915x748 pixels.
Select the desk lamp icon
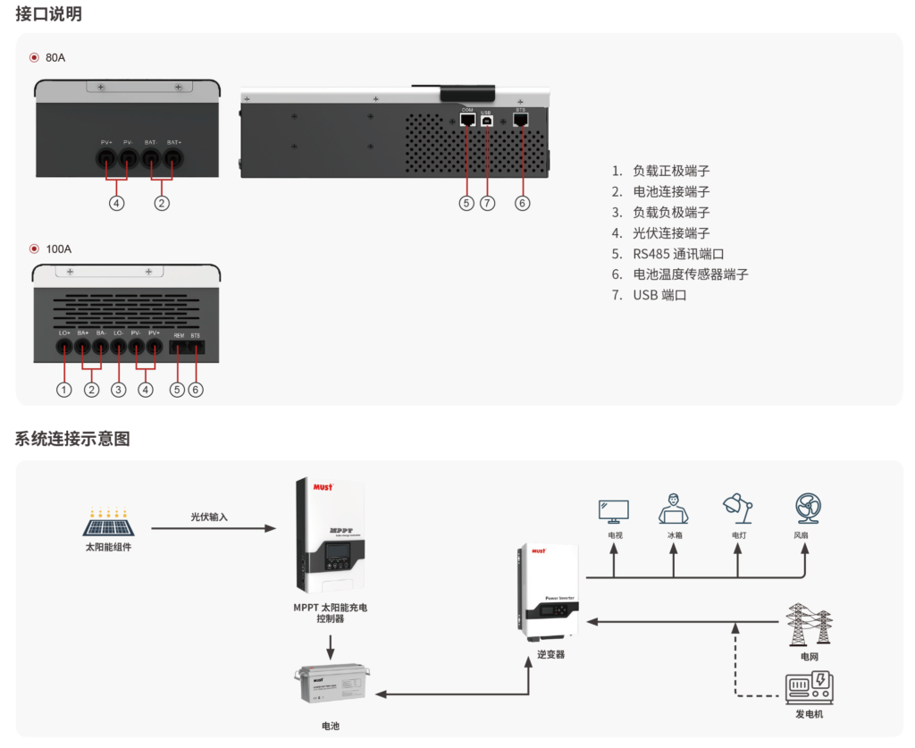(x=737, y=509)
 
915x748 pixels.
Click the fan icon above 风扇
(x=809, y=508)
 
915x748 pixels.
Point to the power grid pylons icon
(x=810, y=625)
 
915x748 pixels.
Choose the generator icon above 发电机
(x=809, y=690)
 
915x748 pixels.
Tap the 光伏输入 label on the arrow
(x=209, y=517)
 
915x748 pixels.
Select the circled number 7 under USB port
(x=487, y=203)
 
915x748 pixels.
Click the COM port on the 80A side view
(x=467, y=119)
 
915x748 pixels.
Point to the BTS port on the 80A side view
(x=522, y=119)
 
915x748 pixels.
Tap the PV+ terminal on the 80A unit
(x=105, y=159)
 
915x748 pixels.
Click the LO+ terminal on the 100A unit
(x=64, y=347)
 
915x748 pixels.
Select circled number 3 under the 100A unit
(x=119, y=390)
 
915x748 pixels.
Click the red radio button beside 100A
(x=35, y=249)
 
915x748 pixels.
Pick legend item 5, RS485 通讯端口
(x=679, y=254)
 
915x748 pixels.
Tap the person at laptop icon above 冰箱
(x=674, y=509)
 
